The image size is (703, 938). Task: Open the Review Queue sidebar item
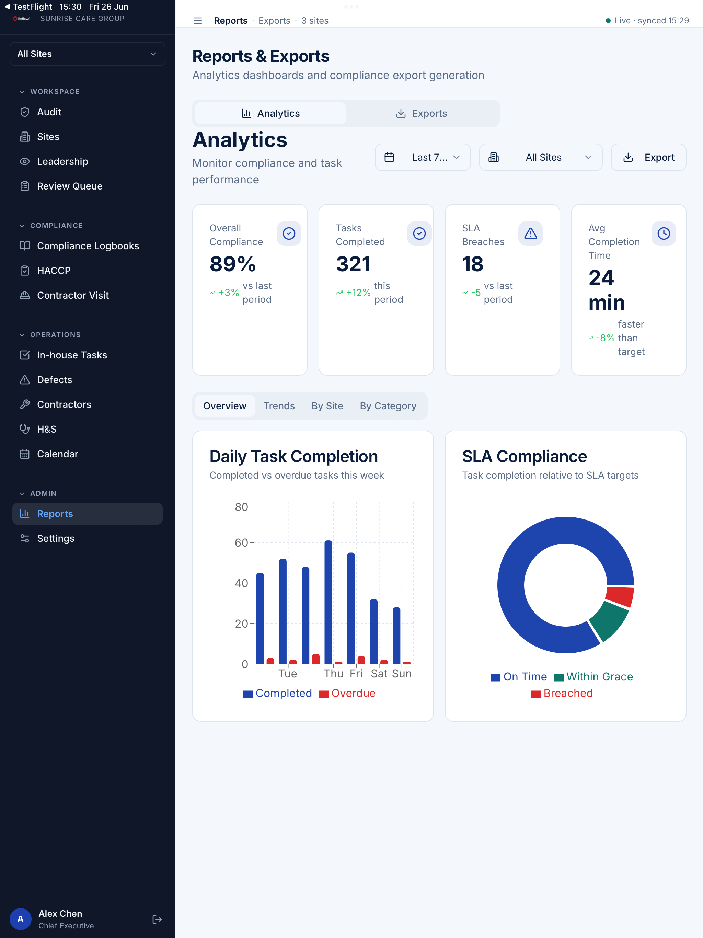coord(70,186)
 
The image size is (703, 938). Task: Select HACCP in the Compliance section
coord(54,271)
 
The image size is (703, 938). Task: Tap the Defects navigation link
coord(54,380)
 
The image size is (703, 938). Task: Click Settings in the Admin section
coord(56,539)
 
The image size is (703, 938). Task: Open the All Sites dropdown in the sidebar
coord(87,54)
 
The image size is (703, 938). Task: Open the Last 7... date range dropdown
coord(423,157)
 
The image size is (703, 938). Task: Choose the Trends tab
coord(279,406)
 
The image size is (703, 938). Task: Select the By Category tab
coord(388,406)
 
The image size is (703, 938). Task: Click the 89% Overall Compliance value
coord(233,264)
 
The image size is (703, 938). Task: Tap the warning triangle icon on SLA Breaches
coord(530,233)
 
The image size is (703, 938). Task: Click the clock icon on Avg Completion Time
coord(664,233)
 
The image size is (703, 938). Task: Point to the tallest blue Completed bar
coord(328,602)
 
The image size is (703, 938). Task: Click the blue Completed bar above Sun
coord(396,636)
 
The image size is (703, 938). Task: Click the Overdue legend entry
coord(347,693)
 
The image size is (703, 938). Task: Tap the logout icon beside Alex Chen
coord(157,919)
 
